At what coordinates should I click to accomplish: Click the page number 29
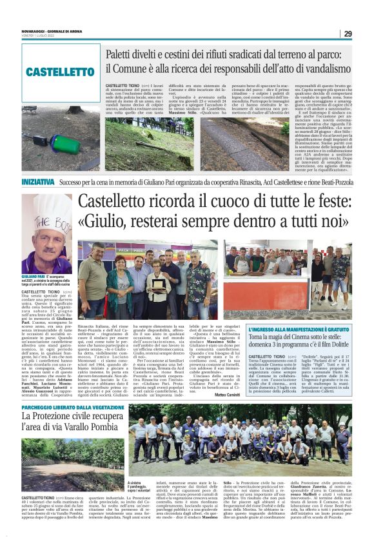point(348,34)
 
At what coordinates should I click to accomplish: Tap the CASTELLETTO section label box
point(61,71)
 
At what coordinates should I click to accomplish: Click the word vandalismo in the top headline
point(320,68)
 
